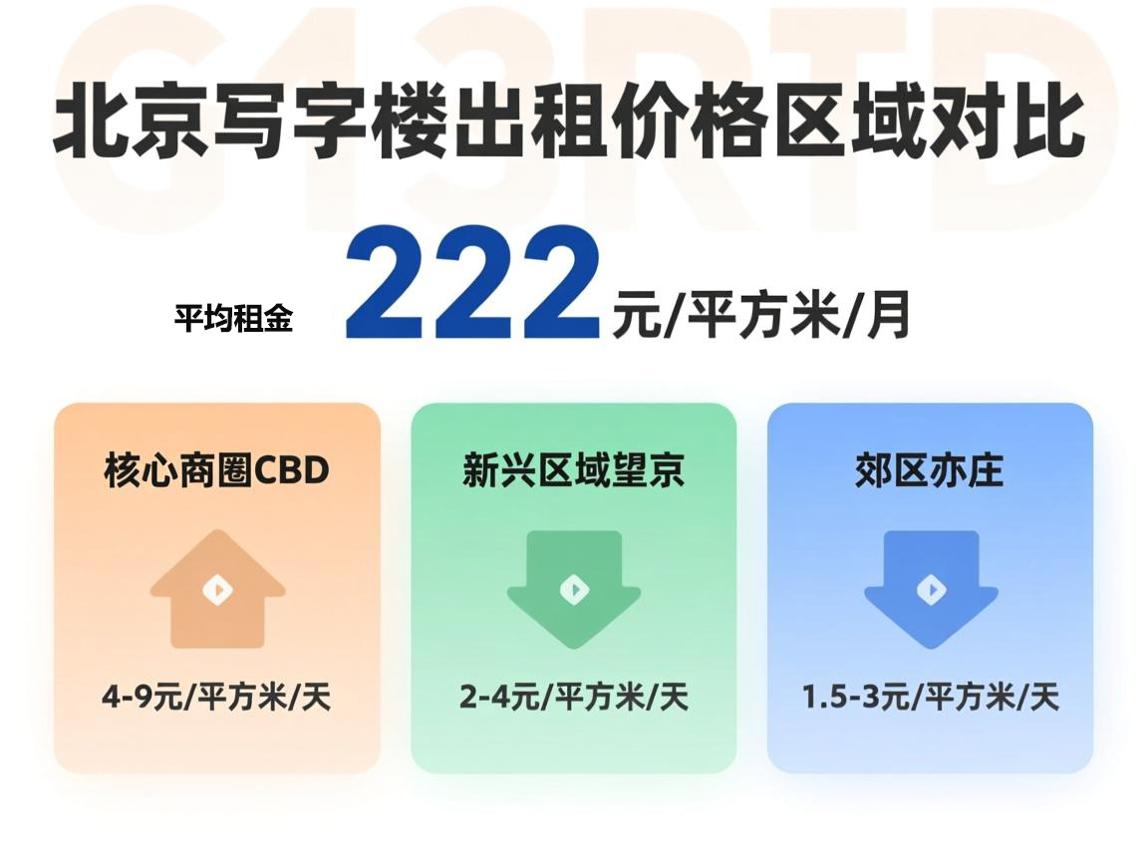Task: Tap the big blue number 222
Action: (472, 284)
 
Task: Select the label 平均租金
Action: (233, 320)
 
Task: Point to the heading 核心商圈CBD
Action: (216, 469)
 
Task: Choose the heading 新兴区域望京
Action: (573, 469)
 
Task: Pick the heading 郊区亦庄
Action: (929, 469)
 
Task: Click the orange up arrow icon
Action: (217, 589)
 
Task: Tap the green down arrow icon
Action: (574, 589)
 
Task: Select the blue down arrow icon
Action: (931, 589)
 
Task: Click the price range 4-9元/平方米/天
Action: (216, 697)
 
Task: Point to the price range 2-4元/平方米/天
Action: (574, 697)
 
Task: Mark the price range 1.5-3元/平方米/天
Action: (931, 697)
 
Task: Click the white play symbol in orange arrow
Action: (217, 591)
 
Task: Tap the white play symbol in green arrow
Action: (574, 591)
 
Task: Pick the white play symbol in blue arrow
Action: (931, 591)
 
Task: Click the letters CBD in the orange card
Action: (292, 470)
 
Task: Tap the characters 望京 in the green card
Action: (648, 469)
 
